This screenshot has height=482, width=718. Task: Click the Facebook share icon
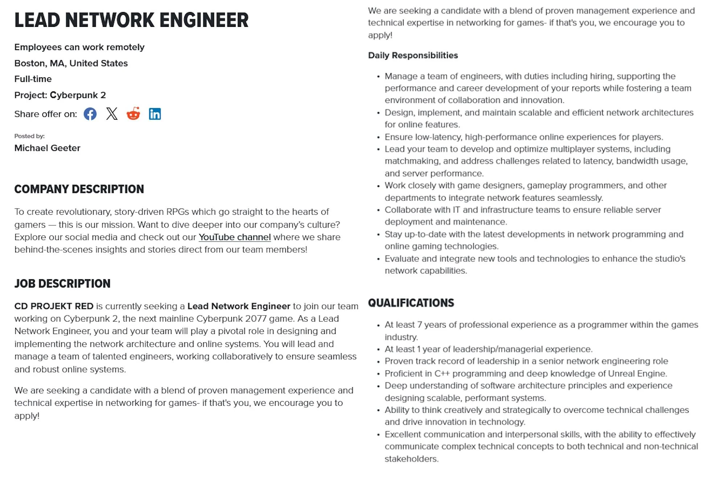click(90, 114)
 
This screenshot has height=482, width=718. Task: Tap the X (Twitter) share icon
click(112, 114)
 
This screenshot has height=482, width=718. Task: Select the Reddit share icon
click(133, 114)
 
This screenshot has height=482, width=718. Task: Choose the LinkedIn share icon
click(155, 114)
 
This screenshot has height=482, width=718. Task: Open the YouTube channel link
click(234, 237)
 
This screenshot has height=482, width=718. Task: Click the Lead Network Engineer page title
click(131, 20)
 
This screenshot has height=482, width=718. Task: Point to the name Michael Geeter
click(47, 148)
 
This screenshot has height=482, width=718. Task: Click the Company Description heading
click(79, 189)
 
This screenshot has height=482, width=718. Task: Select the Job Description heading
click(62, 284)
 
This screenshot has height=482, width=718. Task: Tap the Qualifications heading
click(411, 303)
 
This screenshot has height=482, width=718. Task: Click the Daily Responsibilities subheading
click(413, 55)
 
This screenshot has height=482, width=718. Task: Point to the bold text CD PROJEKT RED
click(54, 306)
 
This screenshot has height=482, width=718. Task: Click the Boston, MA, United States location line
click(71, 63)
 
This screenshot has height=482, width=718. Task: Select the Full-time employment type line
click(33, 79)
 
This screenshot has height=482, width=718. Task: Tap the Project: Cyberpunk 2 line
click(60, 95)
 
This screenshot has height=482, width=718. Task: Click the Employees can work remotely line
click(79, 47)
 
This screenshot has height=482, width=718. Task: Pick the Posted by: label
click(29, 136)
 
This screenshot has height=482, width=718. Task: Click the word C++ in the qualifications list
click(442, 374)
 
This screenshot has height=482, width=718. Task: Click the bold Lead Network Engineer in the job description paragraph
click(239, 306)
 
